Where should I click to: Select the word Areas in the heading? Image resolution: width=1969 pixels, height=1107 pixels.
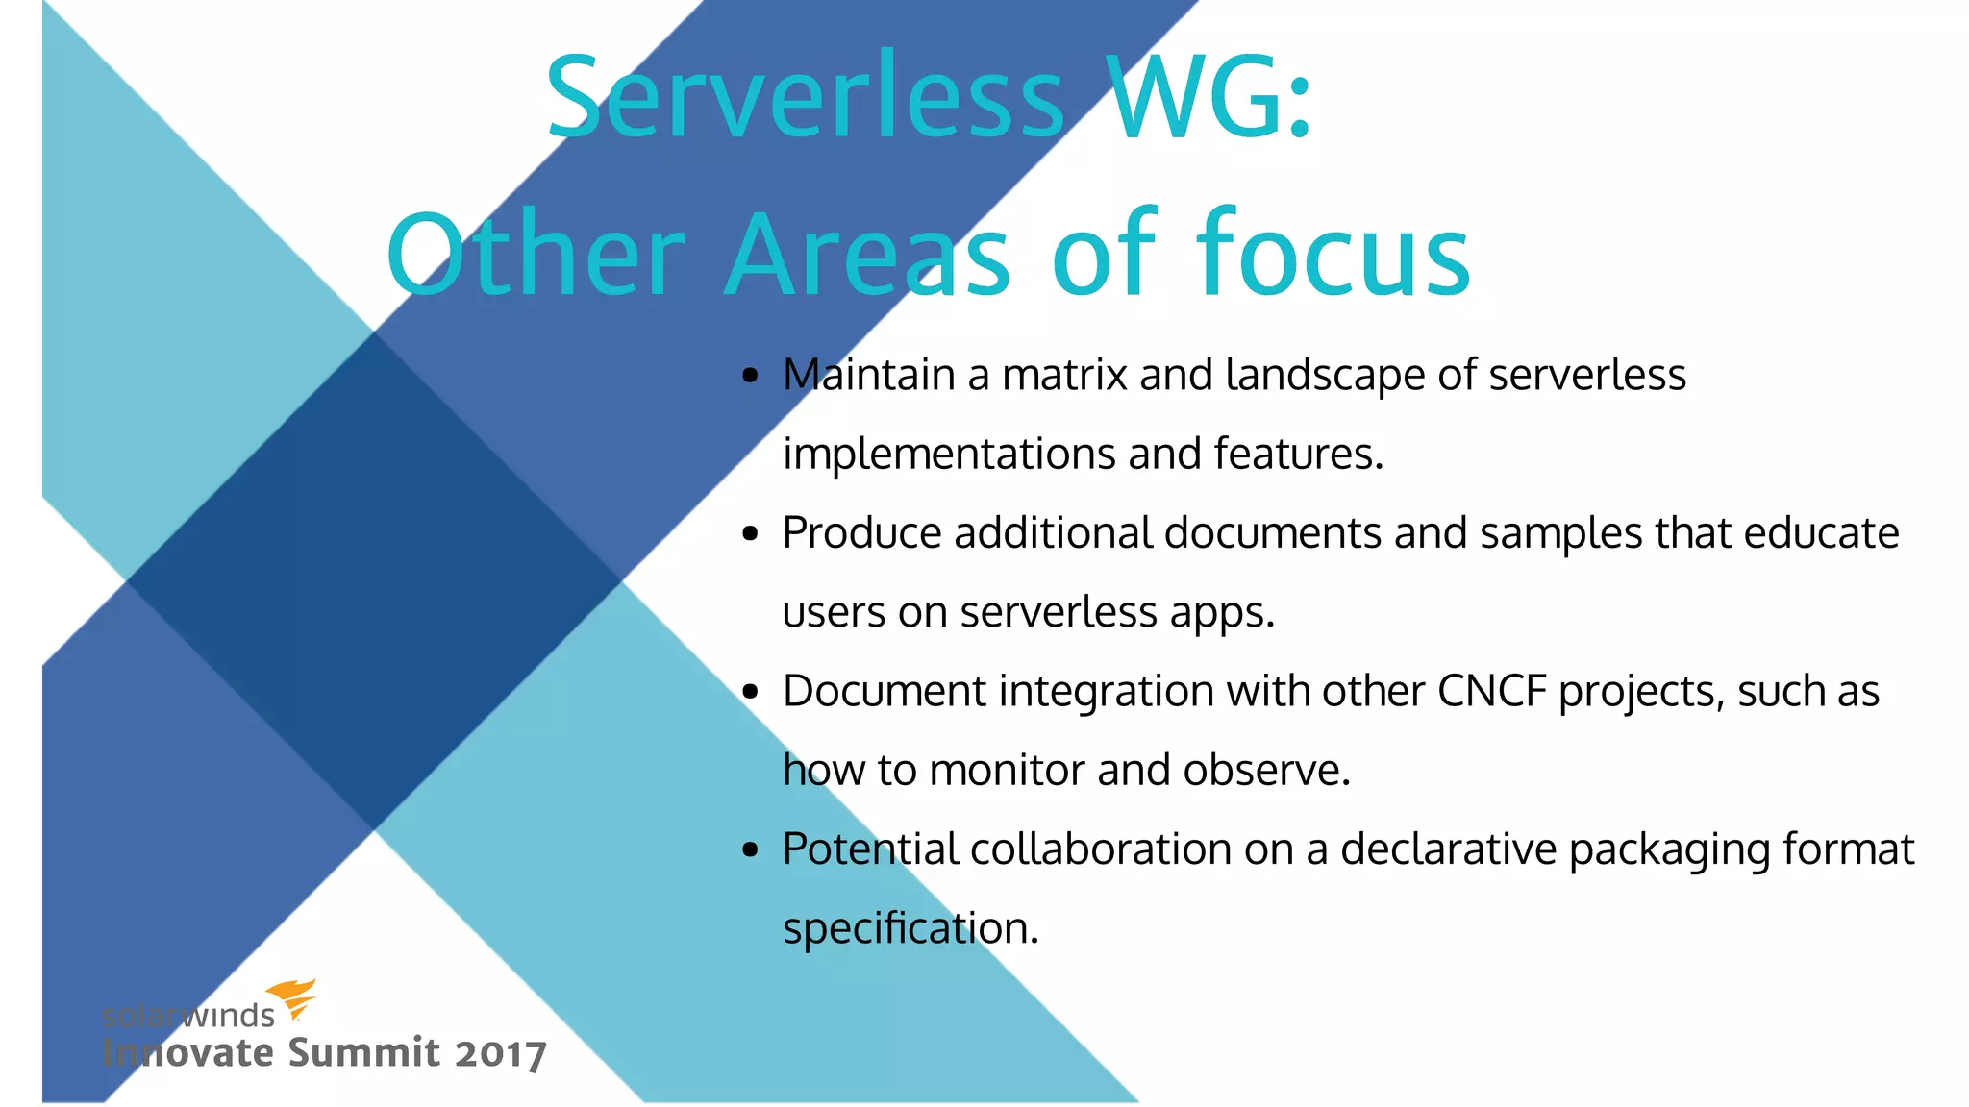click(867, 256)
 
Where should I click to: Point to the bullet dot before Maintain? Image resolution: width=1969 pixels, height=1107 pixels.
click(751, 376)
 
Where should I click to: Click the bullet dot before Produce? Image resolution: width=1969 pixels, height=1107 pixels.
click(751, 534)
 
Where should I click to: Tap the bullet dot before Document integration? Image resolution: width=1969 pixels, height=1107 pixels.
click(751, 692)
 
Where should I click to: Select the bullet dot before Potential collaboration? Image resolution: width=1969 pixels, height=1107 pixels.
click(751, 850)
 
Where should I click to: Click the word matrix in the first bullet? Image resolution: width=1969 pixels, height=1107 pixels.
click(1063, 375)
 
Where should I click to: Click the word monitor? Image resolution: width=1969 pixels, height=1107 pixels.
click(1007, 771)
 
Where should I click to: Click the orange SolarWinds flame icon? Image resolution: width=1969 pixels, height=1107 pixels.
click(292, 998)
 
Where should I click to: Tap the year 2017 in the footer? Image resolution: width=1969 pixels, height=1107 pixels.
click(500, 1054)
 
